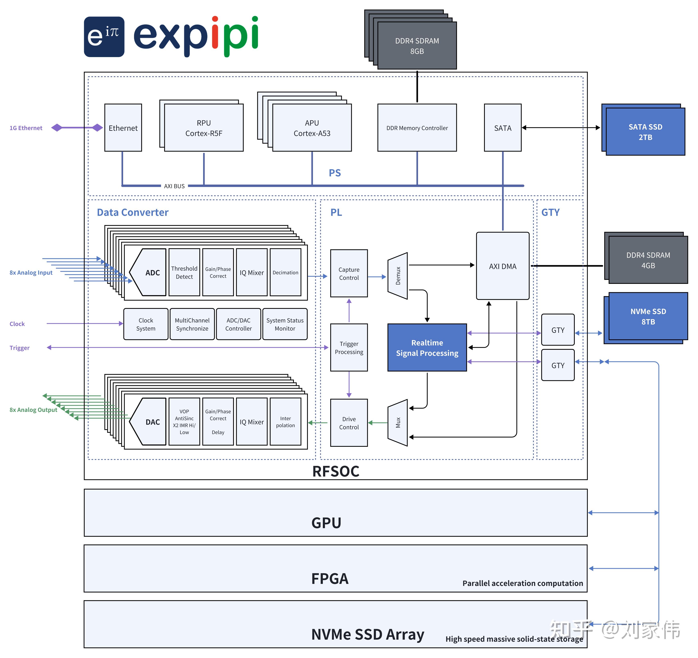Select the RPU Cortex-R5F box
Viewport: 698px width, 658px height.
(x=204, y=128)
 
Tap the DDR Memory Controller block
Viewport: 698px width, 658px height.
(x=417, y=128)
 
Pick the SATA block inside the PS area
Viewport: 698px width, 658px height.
(x=503, y=128)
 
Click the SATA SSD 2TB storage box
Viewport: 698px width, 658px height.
(x=645, y=132)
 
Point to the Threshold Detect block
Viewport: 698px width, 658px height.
(x=184, y=272)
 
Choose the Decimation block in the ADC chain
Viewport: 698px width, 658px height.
(x=285, y=272)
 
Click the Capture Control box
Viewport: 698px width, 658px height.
(x=349, y=273)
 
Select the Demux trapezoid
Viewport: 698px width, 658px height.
(x=398, y=276)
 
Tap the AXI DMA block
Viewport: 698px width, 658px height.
(x=503, y=266)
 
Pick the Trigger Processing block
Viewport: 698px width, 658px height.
(x=349, y=347)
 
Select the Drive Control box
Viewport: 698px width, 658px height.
(x=349, y=423)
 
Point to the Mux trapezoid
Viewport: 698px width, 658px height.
(x=398, y=423)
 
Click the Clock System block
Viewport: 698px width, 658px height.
(x=146, y=324)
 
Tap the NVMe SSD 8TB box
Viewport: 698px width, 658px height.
(x=648, y=316)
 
